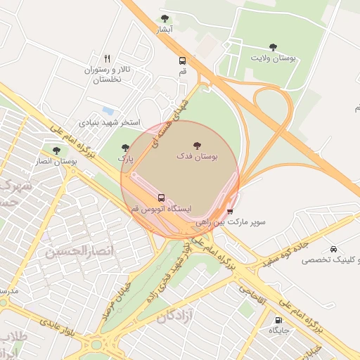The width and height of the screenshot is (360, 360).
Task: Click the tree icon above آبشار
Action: (x=165, y=19)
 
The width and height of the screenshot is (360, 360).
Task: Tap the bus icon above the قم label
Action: (x=183, y=61)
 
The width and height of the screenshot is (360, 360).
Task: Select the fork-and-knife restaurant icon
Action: (x=107, y=58)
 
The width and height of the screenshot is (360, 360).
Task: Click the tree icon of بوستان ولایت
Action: (x=273, y=47)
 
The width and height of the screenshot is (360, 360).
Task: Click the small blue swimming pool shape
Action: (x=108, y=110)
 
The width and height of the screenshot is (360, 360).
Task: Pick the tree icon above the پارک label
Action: (x=125, y=148)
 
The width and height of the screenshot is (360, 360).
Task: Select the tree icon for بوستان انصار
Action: (x=56, y=150)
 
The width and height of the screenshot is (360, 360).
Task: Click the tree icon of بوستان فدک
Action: (x=196, y=146)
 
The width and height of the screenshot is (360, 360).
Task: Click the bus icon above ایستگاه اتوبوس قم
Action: (x=162, y=198)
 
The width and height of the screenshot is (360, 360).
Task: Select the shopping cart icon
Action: (x=230, y=211)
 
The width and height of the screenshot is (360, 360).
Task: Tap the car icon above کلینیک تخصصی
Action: (x=333, y=249)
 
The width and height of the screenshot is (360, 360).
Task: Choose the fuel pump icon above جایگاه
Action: (x=278, y=320)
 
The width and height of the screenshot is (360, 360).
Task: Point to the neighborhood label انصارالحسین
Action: (x=71, y=251)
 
